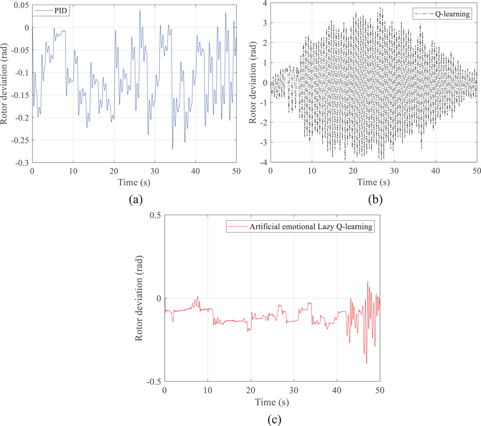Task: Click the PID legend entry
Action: coord(51,11)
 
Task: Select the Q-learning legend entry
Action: coord(442,14)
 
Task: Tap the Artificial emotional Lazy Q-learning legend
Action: coord(300,226)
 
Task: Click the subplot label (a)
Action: coord(136,200)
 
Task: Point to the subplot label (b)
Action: coord(375,200)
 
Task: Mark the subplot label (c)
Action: coord(274,420)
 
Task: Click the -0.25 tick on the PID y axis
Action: coord(20,140)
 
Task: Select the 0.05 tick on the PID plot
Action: coord(21,5)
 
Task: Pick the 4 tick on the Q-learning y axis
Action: coord(265,3)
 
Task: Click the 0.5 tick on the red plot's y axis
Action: coord(155,215)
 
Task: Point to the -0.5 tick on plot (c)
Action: coord(154,381)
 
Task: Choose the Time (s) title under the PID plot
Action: coord(134,182)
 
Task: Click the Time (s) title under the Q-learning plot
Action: coord(373,182)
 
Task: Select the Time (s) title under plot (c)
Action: coord(272,402)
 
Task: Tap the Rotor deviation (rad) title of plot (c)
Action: coord(139,298)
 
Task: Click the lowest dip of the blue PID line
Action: coord(173,149)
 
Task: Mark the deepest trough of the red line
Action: coord(367,364)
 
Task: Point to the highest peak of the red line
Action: coord(368,281)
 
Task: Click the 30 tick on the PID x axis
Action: coord(155,171)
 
